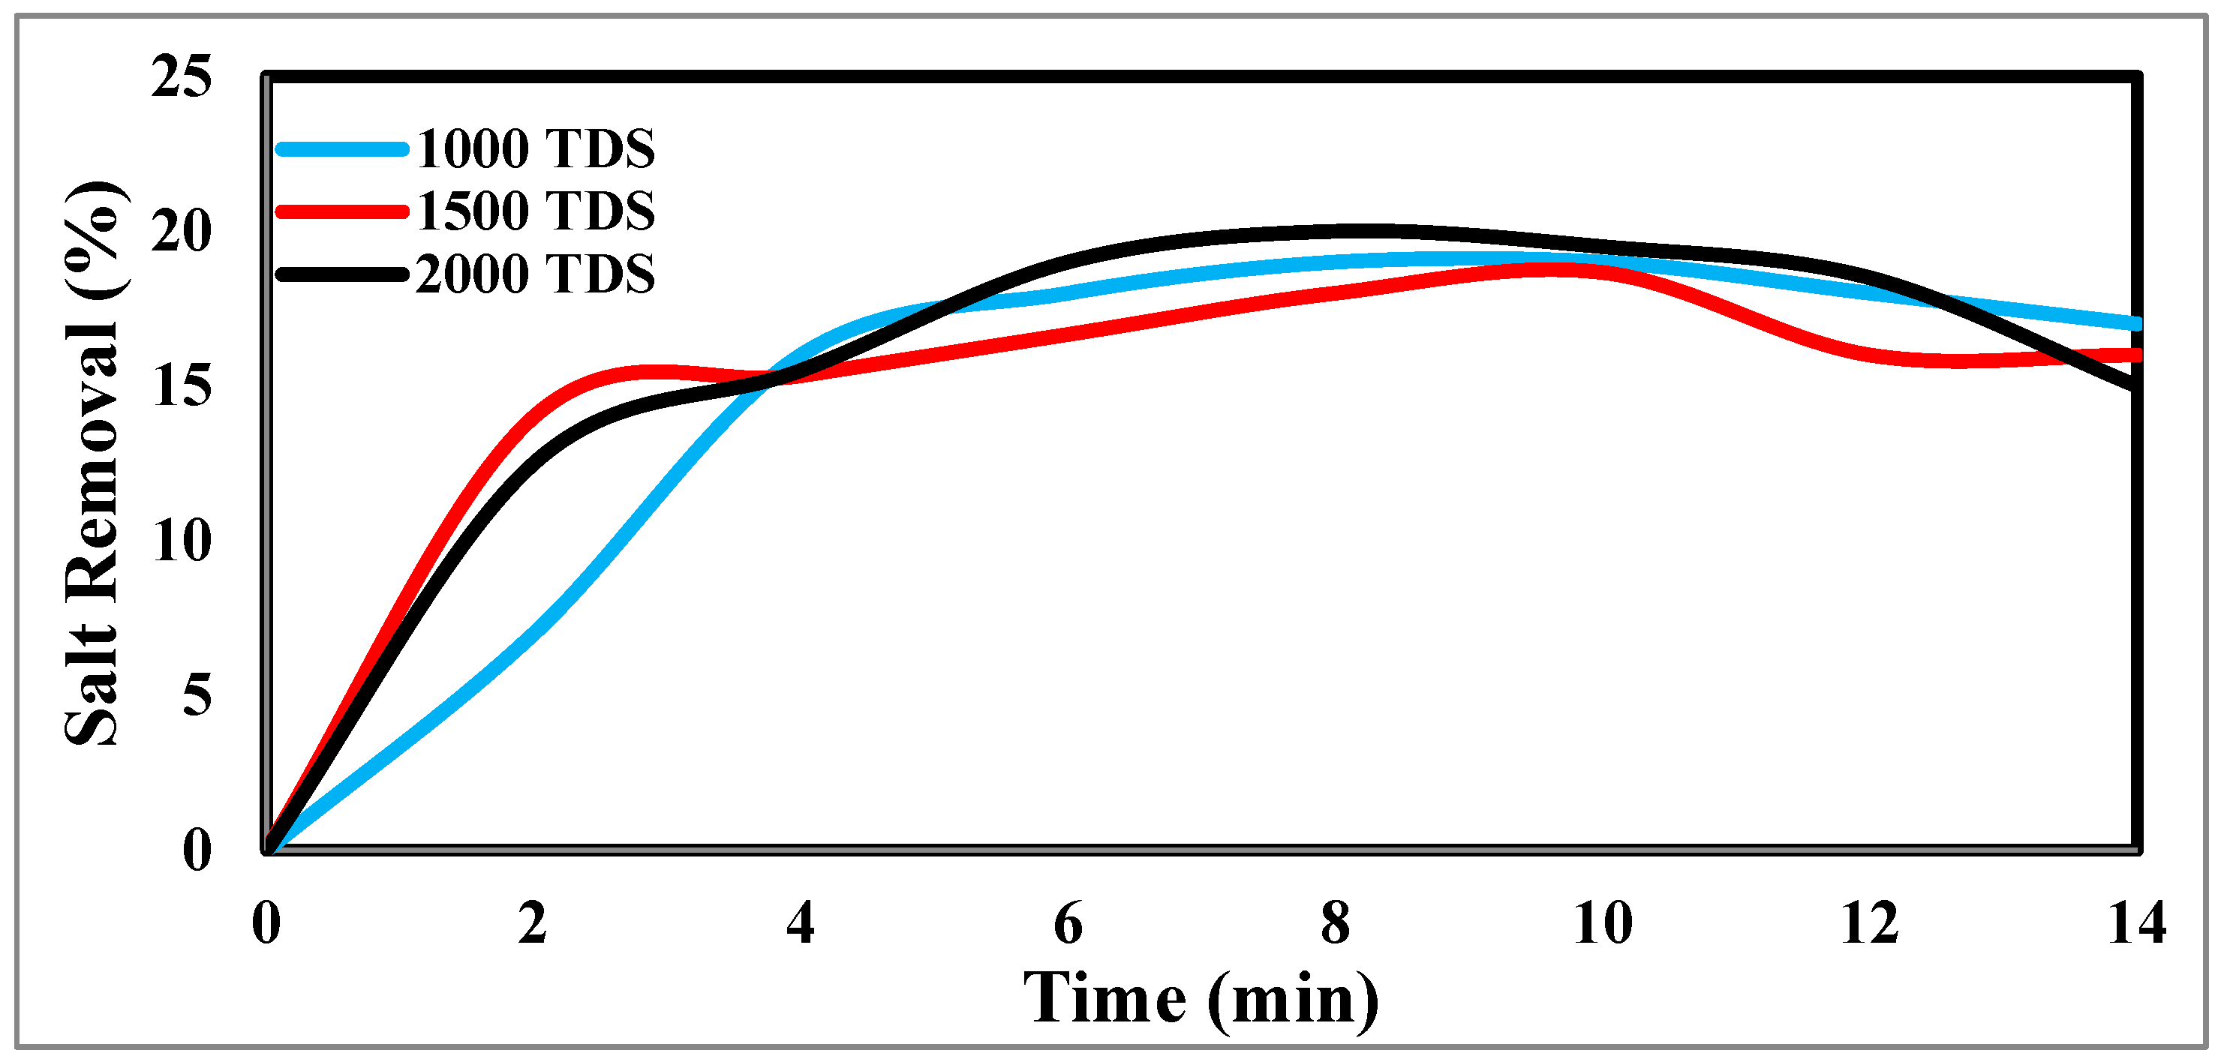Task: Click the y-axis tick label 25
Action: tap(181, 76)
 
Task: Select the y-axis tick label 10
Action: tap(181, 541)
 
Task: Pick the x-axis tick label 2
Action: tap(533, 923)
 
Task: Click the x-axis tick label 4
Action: tap(800, 923)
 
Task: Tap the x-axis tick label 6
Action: tap(1068, 923)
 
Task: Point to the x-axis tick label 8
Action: tap(1336, 923)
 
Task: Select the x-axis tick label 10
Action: tap(1602, 923)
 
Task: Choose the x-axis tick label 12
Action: tap(1869, 923)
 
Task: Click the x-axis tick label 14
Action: tap(2136, 923)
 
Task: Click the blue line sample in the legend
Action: tap(341, 149)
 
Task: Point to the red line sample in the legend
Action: tap(341, 211)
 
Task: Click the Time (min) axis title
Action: tap(1201, 998)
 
